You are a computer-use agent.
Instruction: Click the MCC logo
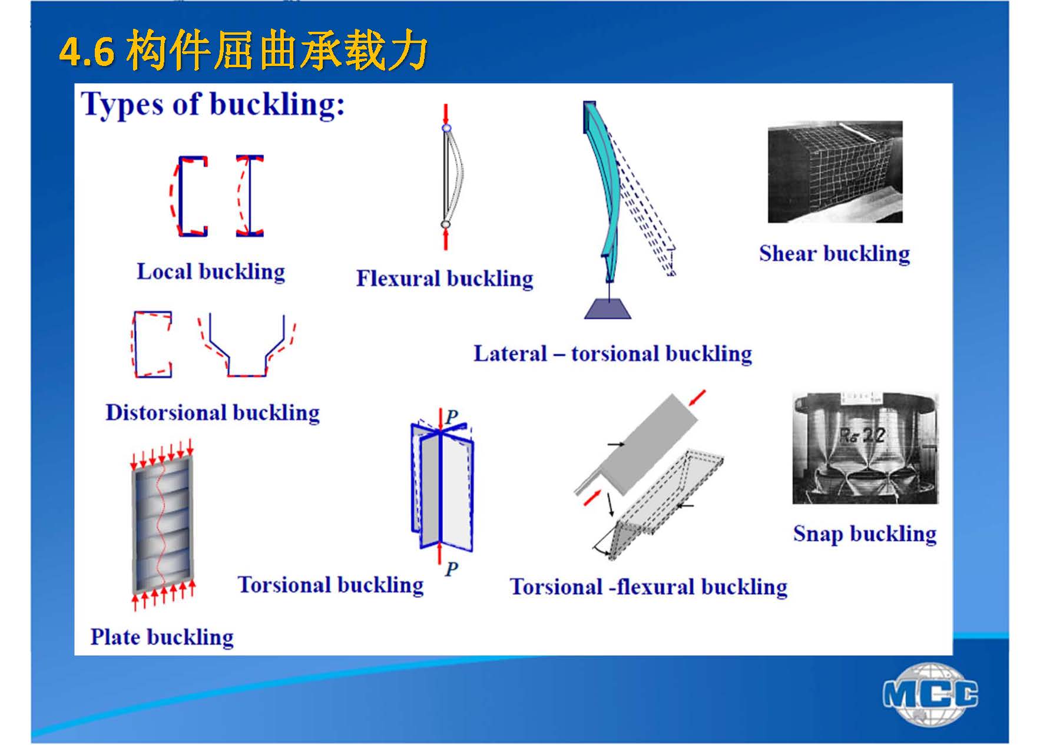coord(930,694)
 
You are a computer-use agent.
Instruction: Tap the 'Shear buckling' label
coord(834,254)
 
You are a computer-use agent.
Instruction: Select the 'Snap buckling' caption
coord(865,534)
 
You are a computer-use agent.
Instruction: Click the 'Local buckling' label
coord(211,271)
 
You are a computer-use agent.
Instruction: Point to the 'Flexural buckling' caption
coord(445,279)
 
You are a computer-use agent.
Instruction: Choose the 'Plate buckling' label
coord(162,637)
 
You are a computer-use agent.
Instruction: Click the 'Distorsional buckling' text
coord(213,413)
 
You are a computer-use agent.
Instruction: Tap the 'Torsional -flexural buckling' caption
coord(648,587)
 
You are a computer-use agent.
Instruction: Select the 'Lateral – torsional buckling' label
coord(613,354)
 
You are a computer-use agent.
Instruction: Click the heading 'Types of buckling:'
coord(213,105)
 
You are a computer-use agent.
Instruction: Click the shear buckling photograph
coord(834,172)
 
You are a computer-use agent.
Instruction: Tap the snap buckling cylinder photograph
coord(865,448)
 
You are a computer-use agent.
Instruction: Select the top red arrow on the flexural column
coord(446,113)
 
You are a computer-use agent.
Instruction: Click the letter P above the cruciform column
coord(452,417)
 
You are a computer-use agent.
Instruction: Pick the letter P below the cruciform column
coord(452,569)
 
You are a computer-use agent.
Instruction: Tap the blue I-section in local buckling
coord(250,196)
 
